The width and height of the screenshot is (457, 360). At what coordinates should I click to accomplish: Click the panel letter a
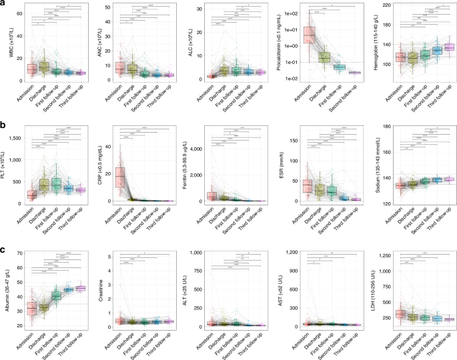(4, 4)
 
